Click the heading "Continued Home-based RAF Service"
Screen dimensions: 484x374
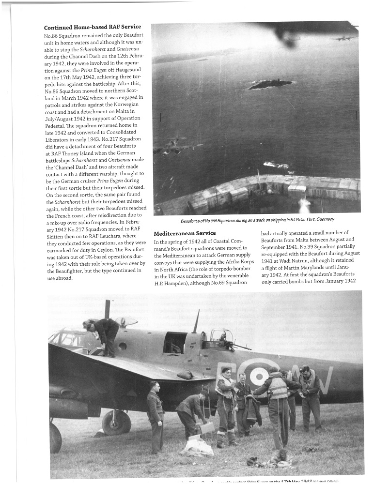coord(93,27)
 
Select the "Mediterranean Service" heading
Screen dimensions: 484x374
coord(185,233)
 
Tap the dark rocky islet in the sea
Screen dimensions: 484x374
coord(271,84)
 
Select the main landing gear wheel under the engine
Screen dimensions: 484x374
coord(116,422)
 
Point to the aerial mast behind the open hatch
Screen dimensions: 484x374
coord(196,322)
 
